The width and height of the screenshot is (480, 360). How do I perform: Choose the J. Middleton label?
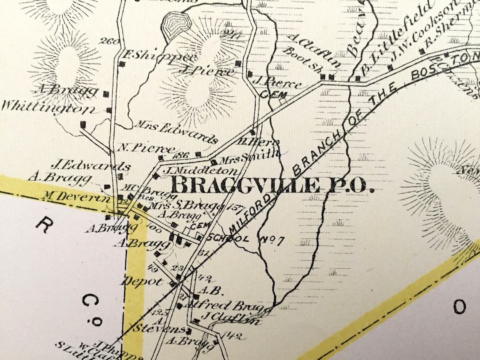[x=200, y=171]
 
